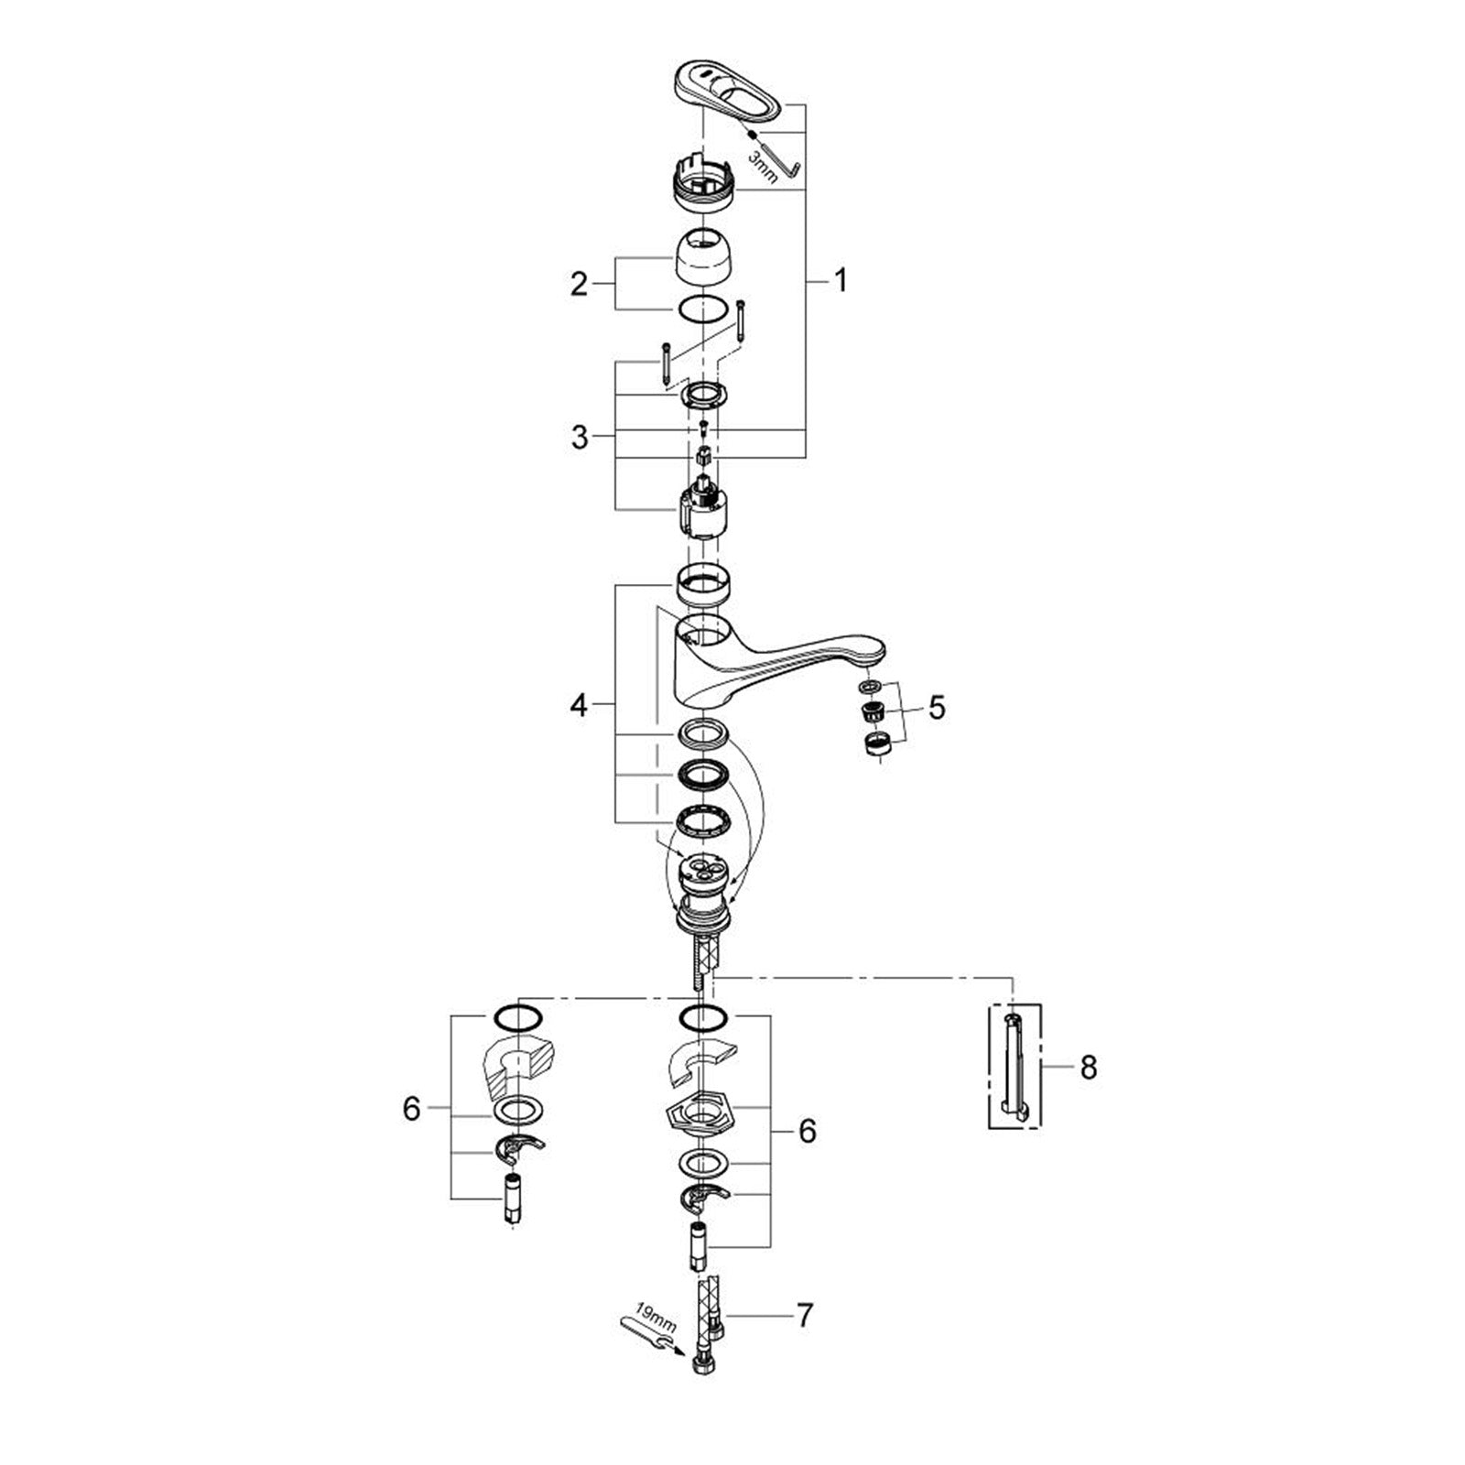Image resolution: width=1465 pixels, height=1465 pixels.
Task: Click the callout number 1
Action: pyautogui.click(x=840, y=281)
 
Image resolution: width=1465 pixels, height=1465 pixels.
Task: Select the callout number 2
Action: pyautogui.click(x=579, y=284)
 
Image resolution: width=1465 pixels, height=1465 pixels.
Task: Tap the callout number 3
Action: pyautogui.click(x=579, y=437)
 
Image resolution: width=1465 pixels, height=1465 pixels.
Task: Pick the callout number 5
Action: pyautogui.click(x=936, y=707)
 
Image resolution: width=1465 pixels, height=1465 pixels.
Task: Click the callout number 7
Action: pyautogui.click(x=804, y=1316)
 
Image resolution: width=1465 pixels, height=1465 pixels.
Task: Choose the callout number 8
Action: pyautogui.click(x=1088, y=1067)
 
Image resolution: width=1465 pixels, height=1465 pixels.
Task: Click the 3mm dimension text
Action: pyautogui.click(x=763, y=168)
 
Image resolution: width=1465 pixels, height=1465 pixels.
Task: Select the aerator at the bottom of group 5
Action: pyautogui.click(x=878, y=744)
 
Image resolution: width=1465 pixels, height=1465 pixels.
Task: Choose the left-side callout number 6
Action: pyautogui.click(x=412, y=1110)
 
